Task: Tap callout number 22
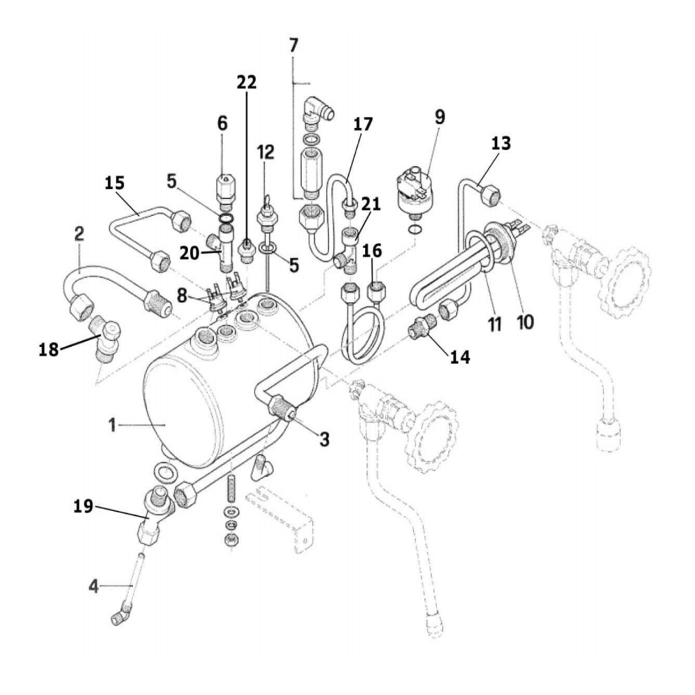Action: (x=246, y=82)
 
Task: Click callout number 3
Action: (x=324, y=439)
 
